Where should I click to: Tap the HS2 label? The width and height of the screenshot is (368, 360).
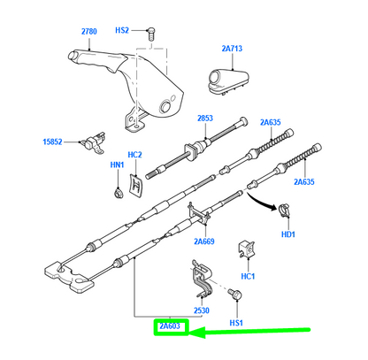[x=121, y=31]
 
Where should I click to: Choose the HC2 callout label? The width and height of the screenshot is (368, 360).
[x=134, y=157]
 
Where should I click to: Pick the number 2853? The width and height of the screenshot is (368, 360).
[x=205, y=119]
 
